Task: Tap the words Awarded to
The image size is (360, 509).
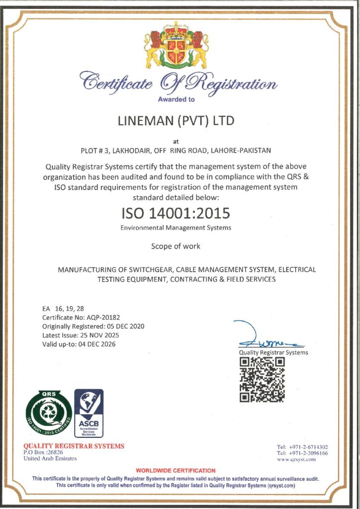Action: coord(176,99)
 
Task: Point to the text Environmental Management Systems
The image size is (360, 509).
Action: coord(176,228)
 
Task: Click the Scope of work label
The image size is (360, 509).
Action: coord(176,246)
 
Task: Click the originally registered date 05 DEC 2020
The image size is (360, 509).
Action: coord(125,326)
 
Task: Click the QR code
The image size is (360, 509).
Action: coord(262,380)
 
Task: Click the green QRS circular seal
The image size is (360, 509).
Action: coord(49,412)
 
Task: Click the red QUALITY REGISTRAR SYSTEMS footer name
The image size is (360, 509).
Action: coord(74,446)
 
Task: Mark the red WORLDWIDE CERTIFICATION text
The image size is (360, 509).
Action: coord(176,470)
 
